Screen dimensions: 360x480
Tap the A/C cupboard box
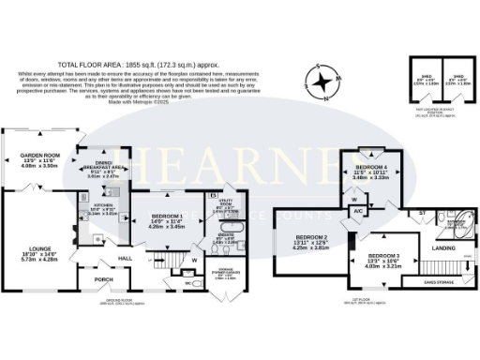[x=358, y=211]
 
